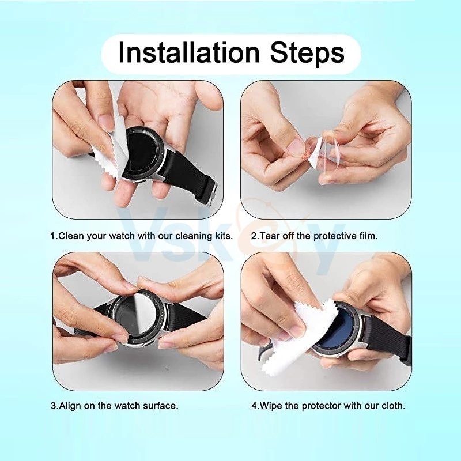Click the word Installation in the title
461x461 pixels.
188,52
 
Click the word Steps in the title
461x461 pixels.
307,54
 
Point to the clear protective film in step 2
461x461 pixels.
328,158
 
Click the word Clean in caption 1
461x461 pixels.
71,236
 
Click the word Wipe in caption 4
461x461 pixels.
271,406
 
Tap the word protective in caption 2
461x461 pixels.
334,236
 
